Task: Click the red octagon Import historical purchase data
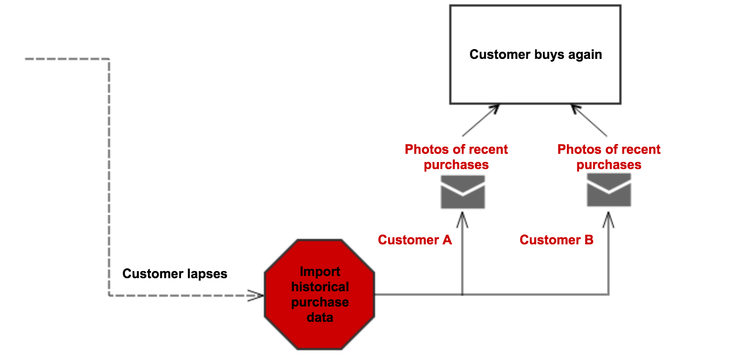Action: click(x=319, y=295)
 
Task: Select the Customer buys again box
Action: click(x=535, y=55)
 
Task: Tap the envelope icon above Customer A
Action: click(x=463, y=191)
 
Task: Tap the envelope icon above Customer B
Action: click(x=609, y=190)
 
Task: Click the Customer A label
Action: click(x=415, y=240)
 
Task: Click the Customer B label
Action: click(x=557, y=240)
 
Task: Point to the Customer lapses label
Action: click(x=175, y=274)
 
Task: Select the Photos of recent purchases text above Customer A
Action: click(x=456, y=157)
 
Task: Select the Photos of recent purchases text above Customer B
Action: click(x=609, y=157)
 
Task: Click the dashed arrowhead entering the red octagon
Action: click(x=256, y=296)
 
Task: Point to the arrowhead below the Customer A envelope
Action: click(x=462, y=220)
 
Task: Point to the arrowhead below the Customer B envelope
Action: click(x=608, y=220)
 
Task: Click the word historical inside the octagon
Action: click(x=320, y=287)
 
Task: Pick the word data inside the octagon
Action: click(x=320, y=317)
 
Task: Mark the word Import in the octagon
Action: click(x=320, y=272)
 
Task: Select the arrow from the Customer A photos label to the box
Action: click(x=481, y=121)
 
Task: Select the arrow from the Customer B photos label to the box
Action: click(x=589, y=121)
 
